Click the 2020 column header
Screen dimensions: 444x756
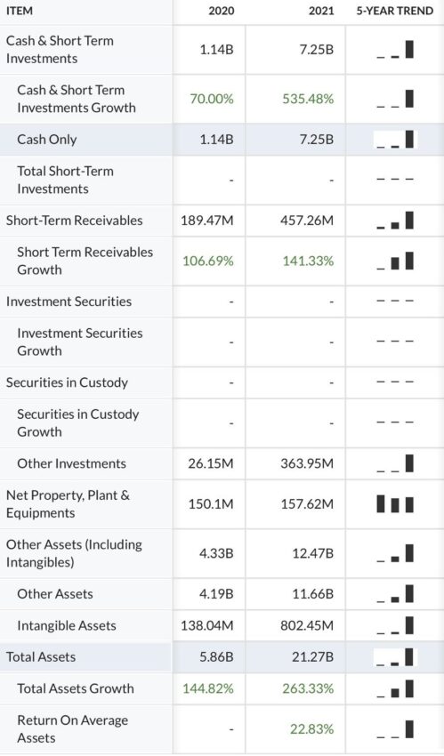coord(222,11)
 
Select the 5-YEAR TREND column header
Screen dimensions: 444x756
coord(395,11)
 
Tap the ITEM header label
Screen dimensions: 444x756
coord(20,11)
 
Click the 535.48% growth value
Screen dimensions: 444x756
coord(308,99)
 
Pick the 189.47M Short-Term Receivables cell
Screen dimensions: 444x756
coord(207,221)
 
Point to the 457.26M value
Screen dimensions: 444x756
coord(307,221)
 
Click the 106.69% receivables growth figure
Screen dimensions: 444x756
coord(208,261)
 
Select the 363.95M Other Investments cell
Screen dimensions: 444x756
coord(307,463)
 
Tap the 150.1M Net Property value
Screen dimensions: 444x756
coord(211,503)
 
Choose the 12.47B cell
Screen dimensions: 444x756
coord(313,553)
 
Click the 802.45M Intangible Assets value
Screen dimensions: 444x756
coord(307,625)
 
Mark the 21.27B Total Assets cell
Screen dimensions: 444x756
coord(313,656)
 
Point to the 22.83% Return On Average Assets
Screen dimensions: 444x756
coord(312,729)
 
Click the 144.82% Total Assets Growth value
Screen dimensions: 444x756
coord(208,688)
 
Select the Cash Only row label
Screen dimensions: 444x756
coord(47,140)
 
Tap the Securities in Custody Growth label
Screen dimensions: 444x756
coord(78,422)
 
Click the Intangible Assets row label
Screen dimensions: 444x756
coord(67,625)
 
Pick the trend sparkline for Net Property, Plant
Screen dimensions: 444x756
coord(395,504)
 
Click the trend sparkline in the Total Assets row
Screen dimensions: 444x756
coord(395,657)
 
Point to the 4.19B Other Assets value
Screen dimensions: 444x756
coord(216,593)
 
